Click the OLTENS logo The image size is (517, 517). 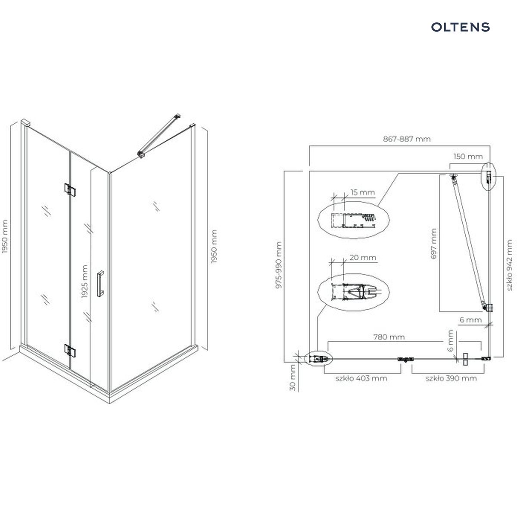coord(461,27)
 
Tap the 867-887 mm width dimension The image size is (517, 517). coord(407,139)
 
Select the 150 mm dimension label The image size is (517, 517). coord(468,156)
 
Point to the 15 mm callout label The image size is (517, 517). coord(362,192)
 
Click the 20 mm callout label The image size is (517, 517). coord(363,257)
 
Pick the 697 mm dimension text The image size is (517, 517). coord(433,243)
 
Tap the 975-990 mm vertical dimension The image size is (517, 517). coord(279,265)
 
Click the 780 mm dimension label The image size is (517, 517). coord(389,337)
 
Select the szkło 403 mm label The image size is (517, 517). coord(361,378)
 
